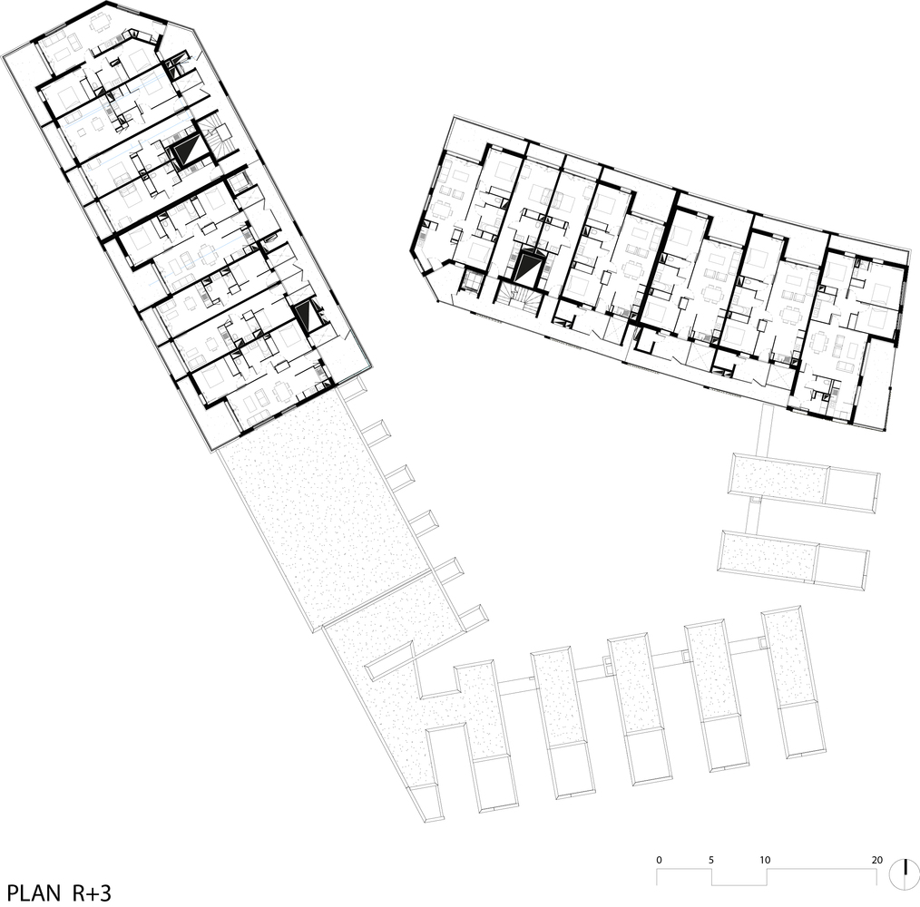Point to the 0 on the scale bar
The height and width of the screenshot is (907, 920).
coord(660,859)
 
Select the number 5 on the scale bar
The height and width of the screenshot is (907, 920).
coord(712,859)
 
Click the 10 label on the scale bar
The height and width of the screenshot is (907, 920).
coord(765,859)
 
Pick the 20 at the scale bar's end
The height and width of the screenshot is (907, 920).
coord(876,859)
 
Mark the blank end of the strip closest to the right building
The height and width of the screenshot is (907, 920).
coord(853,490)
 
